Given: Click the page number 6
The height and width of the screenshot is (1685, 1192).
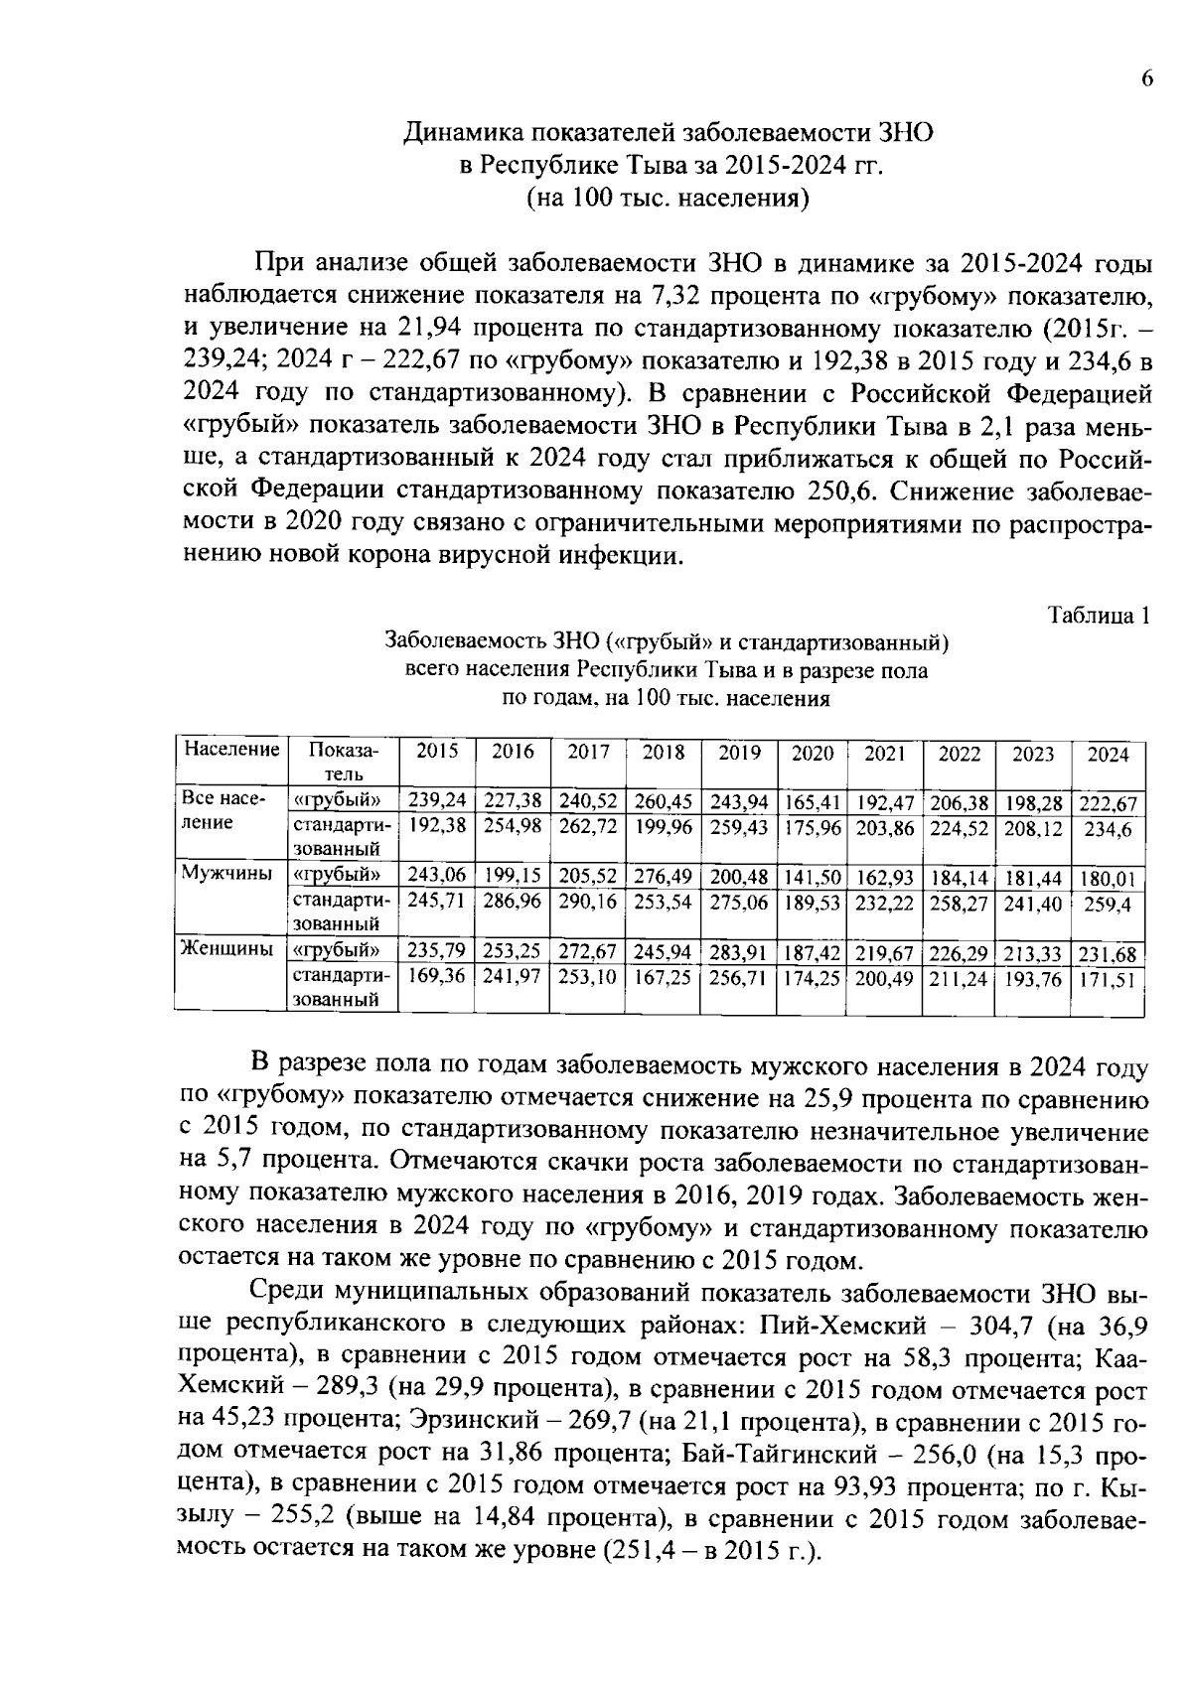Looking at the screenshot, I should click(1146, 80).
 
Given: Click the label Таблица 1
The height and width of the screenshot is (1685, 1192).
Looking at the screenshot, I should click(1100, 615).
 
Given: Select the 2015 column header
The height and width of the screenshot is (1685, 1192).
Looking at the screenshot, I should click(437, 753).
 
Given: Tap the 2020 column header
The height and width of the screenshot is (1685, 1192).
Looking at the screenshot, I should click(813, 754).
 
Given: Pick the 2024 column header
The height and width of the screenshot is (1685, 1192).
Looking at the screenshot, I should click(1109, 755).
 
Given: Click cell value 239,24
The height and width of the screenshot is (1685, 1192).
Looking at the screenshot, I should click(438, 800).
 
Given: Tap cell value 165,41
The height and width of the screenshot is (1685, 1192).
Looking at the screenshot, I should click(813, 802).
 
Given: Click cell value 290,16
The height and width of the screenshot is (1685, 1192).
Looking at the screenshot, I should click(588, 903).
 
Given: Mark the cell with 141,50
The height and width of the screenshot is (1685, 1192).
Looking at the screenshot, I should click(813, 878).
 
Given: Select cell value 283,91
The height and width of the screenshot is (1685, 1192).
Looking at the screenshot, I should click(739, 953).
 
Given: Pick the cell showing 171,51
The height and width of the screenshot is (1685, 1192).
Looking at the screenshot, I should click(1109, 980).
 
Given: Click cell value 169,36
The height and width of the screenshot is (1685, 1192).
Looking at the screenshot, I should click(438, 977).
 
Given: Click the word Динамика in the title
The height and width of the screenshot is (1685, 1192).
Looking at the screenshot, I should click(464, 133).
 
